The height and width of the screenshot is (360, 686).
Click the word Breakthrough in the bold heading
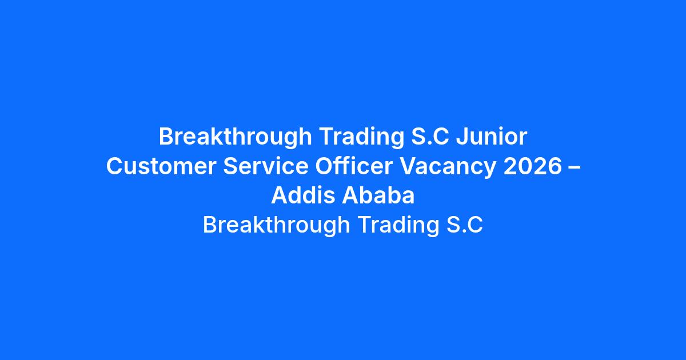coord(235,137)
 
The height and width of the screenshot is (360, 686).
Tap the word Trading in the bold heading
coord(361,137)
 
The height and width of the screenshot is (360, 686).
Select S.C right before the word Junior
coord(430,136)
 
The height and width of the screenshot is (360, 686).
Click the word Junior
coord(492,136)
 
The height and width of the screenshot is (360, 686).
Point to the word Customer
coord(161,166)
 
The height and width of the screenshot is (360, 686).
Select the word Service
coord(265,166)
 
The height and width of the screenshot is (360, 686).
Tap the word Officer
coord(354,166)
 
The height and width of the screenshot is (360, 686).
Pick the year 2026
coord(532,166)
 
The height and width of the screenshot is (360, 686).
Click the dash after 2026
coord(574,167)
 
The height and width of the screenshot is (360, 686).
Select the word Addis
coord(303,195)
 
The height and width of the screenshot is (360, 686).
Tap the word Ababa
coord(378,195)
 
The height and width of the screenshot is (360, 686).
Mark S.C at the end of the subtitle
coord(465,225)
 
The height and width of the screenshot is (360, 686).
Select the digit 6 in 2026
coord(555,166)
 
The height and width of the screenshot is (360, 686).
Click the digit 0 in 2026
coord(525,166)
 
